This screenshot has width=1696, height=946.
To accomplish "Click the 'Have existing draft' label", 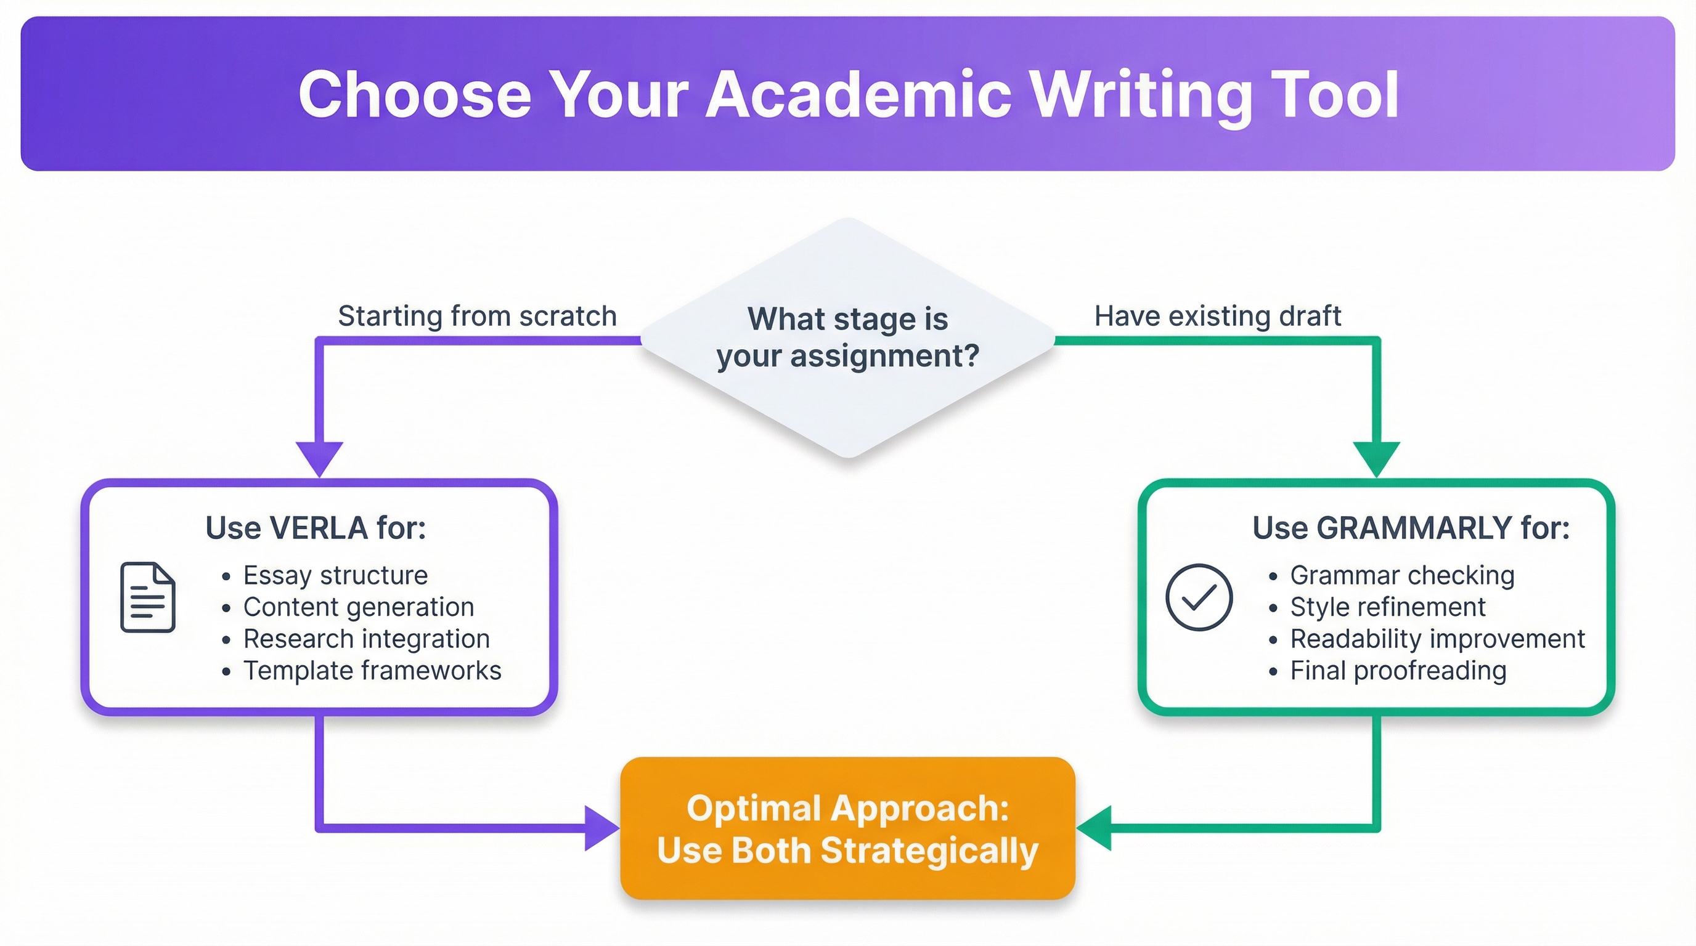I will pyautogui.click(x=1217, y=317).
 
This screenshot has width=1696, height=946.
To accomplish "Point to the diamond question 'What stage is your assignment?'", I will pyautogui.click(x=847, y=338).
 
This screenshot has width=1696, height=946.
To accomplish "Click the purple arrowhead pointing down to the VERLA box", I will pyautogui.click(x=320, y=457).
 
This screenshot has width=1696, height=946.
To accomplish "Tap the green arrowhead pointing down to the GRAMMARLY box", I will pyautogui.click(x=1376, y=457).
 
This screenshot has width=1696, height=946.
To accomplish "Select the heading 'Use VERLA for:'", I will pyautogui.click(x=316, y=528).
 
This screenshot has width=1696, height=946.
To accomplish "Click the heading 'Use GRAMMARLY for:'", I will pyautogui.click(x=1410, y=528).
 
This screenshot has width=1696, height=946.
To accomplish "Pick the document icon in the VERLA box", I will pyautogui.click(x=147, y=597).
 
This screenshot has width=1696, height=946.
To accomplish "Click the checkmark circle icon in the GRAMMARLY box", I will pyautogui.click(x=1198, y=597).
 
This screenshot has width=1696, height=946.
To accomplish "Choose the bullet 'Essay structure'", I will pyautogui.click(x=335, y=576).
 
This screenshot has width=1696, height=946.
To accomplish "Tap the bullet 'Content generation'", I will pyautogui.click(x=358, y=607).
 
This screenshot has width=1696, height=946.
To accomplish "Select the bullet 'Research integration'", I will pyautogui.click(x=366, y=639).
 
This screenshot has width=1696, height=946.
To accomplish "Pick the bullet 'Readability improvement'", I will pyautogui.click(x=1437, y=639).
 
